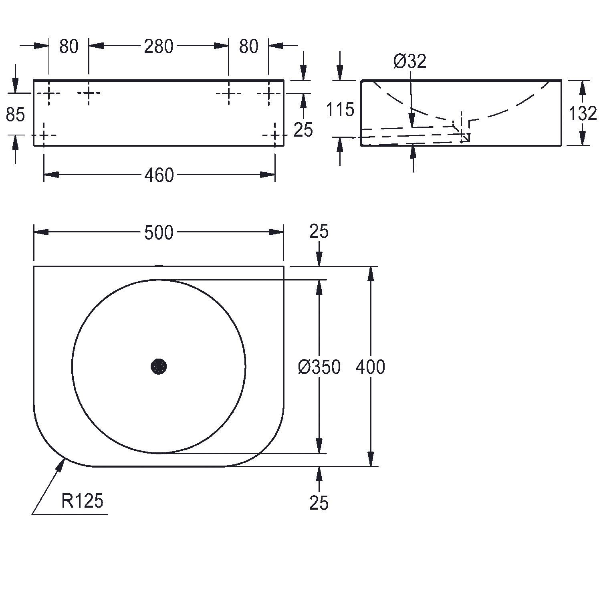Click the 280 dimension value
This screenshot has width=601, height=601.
pos(159,46)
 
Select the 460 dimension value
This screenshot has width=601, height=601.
pos(159,175)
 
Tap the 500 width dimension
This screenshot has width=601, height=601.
pos(159,233)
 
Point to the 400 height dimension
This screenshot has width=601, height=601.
pos(371,367)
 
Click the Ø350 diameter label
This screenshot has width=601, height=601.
pos(319,367)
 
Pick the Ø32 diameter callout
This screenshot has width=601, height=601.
pos(410,61)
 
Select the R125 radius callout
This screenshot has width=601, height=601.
pos(83,501)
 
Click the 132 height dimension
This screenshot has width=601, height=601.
pos(583,114)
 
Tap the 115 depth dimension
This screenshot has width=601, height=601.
pos(340,109)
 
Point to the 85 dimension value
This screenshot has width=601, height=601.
pos(15,115)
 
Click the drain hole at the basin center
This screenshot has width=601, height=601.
pos(159,366)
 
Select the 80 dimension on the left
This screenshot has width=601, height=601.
pos(69,46)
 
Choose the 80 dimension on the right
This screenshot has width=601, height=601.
pos(248,46)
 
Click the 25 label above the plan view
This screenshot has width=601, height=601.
pos(319,232)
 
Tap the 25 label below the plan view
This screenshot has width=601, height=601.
pos(319,502)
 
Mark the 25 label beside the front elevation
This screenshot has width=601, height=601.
pos(303,130)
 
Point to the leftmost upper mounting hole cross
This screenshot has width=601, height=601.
pos(48,94)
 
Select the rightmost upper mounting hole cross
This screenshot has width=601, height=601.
pos(269,94)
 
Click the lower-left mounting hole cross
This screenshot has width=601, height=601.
pos(44,135)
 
